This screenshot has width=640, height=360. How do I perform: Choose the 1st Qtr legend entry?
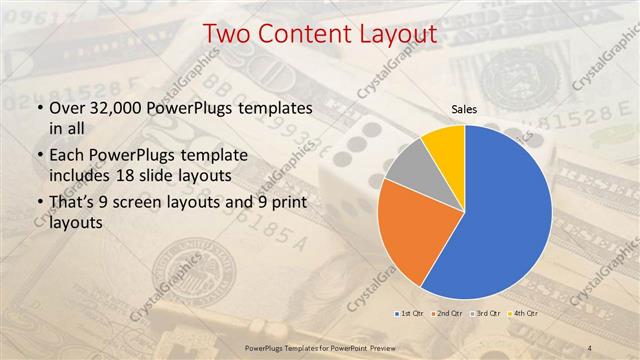[410, 313]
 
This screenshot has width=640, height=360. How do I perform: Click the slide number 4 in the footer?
[593, 346]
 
